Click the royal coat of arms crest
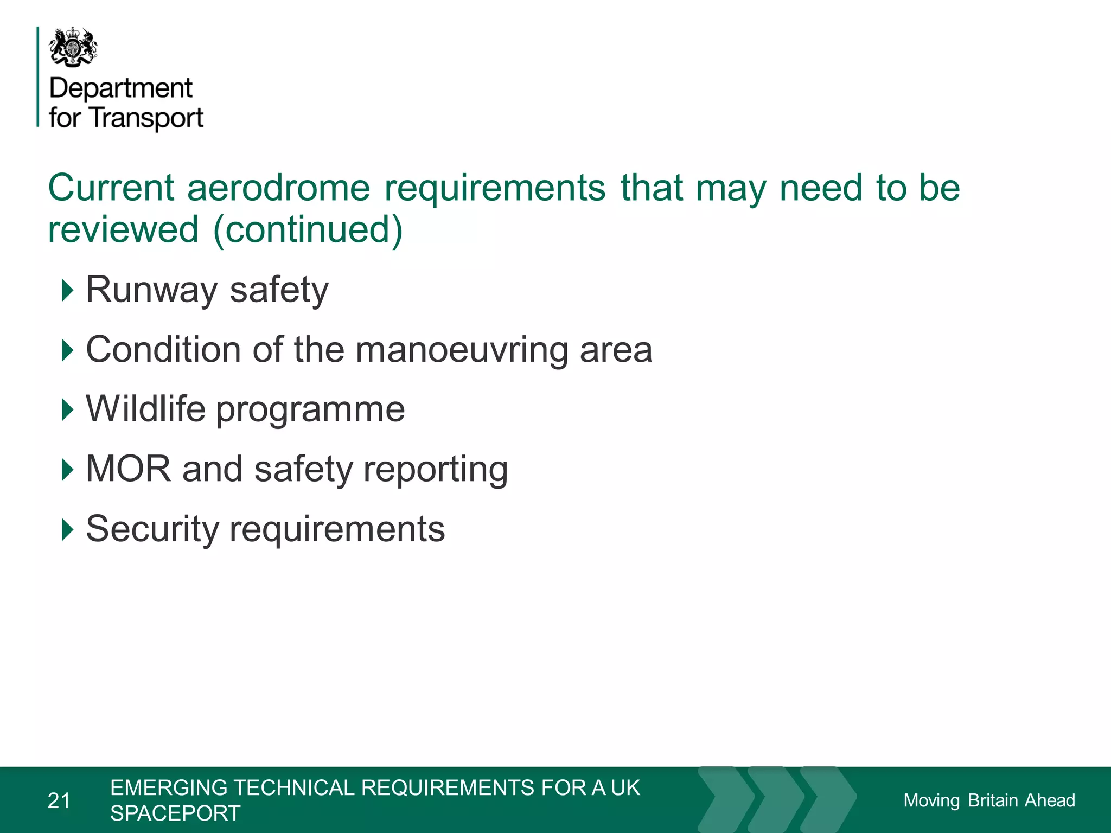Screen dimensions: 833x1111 pos(74,47)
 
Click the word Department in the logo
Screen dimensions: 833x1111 pos(121,88)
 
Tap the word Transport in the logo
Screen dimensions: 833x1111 pos(146,118)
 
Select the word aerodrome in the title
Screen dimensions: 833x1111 pos(279,188)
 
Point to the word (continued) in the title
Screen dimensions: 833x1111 pos(308,229)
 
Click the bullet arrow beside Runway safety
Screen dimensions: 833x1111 pos(67,290)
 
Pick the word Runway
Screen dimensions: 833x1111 pos(151,290)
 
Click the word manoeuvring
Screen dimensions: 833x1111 pos(462,350)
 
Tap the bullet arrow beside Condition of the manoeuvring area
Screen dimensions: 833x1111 pos(67,350)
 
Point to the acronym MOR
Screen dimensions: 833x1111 pos(128,469)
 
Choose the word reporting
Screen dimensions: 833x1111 pos(436,470)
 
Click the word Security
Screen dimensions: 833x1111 pos(151,529)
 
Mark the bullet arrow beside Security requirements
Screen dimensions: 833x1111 pos(67,529)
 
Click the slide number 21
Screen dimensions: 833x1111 pos(59,800)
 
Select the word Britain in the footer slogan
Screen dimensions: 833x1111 pos(993,800)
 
